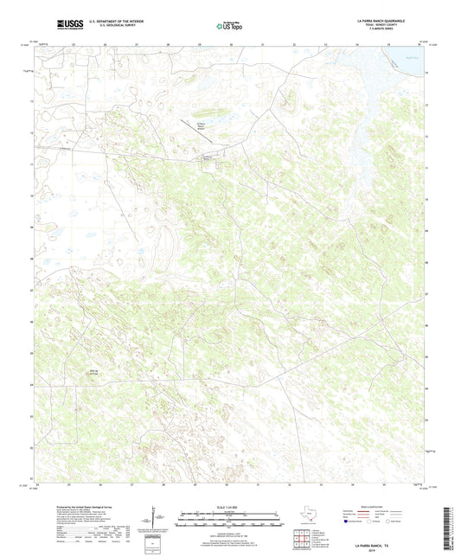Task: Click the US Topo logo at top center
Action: [229, 25]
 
